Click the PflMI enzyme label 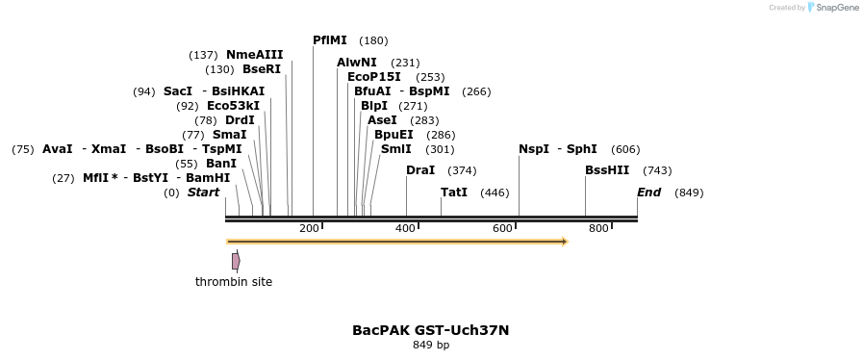coord(330,40)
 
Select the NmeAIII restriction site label coord(255,55)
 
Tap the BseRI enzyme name coord(262,69)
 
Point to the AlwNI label coord(357,63)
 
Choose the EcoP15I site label coord(374,77)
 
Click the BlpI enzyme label coord(374,106)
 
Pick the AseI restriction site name coord(382,120)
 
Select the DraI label coord(420,170)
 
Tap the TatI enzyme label coord(454,193)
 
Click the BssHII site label coord(607,170)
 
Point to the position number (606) coord(625,149)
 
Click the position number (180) coord(373,40)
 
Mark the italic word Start coord(203,193)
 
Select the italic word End coord(648,193)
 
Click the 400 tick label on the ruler coord(405,228)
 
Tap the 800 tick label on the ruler coord(598,228)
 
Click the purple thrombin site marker coord(236,261)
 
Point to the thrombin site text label coord(234,282)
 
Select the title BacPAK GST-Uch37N coord(430,330)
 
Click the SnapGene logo coord(833,8)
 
